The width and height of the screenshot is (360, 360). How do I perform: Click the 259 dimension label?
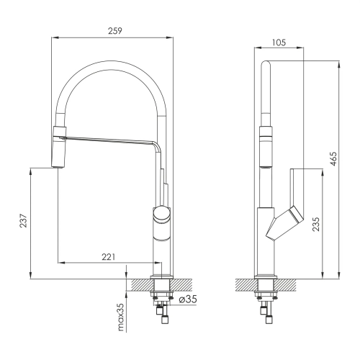[115, 31]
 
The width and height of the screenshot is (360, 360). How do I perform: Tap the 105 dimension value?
[279, 42]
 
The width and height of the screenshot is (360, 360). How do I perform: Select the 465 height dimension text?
[333, 158]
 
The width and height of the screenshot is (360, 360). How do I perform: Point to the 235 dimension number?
[316, 224]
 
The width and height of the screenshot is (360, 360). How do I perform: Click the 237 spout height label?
[24, 220]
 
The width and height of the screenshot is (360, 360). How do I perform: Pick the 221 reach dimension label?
[109, 257]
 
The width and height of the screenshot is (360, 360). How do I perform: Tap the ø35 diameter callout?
[188, 299]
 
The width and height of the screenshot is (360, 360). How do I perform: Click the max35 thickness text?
[121, 317]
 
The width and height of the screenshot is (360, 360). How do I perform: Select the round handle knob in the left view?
[162, 214]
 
